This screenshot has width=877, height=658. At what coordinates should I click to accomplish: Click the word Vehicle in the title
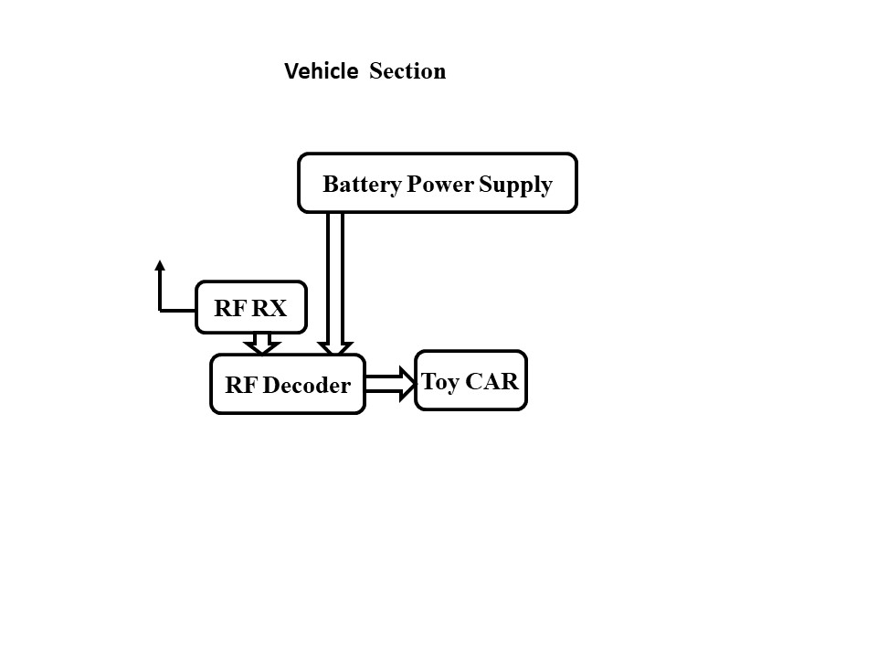321,71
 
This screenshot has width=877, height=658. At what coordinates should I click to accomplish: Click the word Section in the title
407,71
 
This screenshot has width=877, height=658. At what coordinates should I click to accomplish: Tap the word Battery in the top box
362,185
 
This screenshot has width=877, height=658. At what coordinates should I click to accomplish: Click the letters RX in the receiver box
269,308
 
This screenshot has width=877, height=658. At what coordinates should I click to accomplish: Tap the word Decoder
306,385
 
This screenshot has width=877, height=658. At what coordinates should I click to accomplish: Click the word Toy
439,381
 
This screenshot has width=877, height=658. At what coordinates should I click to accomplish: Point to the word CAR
494,381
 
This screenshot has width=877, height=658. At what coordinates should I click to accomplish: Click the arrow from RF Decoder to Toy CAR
391,383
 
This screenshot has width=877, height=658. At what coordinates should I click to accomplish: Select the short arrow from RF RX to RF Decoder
262,344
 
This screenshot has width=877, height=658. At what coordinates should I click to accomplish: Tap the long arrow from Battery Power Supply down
335,283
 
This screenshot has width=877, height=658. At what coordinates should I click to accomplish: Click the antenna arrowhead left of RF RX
160,266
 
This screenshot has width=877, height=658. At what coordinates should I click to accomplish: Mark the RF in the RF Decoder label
241,385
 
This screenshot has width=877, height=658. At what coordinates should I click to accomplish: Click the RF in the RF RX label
230,308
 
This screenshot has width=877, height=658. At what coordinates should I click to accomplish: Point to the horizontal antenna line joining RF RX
178,310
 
